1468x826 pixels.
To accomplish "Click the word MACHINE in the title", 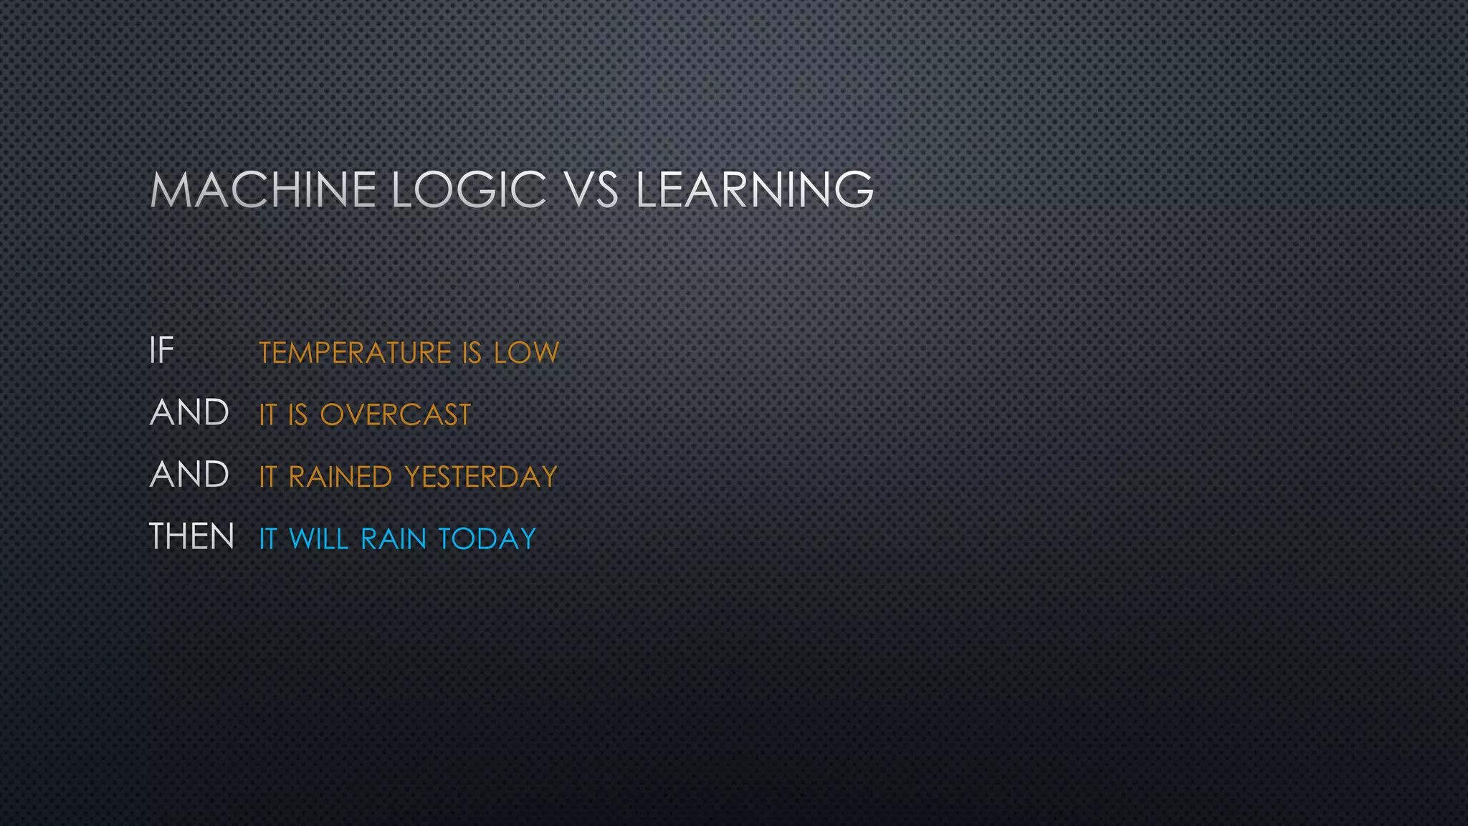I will tap(262, 190).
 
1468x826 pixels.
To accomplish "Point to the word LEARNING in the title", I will tap(754, 190).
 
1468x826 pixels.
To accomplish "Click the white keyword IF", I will tap(161, 351).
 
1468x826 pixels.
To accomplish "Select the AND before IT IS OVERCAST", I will tap(189, 413).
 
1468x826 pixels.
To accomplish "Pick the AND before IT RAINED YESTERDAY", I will tap(189, 475).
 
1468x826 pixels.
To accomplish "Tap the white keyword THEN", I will tap(191, 537).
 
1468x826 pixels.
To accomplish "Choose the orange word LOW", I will tap(526, 353).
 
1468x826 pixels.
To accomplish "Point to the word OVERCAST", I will tap(395, 415).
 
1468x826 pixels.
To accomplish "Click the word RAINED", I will tap(340, 477).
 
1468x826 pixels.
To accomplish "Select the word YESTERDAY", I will tap(480, 477).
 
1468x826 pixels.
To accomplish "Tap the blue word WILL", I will tap(318, 539).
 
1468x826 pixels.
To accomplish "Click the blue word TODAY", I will tap(486, 539).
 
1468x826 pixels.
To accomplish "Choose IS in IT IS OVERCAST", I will tap(297, 415).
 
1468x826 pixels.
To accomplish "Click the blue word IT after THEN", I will tap(267, 539).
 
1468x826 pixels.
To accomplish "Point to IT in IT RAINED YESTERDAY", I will tap(267, 477).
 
